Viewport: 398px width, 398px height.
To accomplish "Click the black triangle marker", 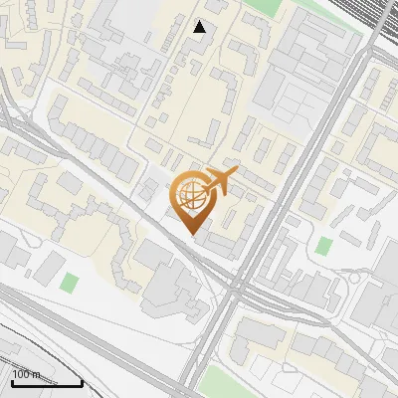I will coord(200,27).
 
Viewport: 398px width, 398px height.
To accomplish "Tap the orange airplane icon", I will coord(220,182).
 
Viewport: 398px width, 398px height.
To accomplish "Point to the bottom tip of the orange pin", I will coord(192,234).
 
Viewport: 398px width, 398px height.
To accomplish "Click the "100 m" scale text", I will coord(27,374).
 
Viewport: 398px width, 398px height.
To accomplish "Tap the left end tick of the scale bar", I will coord(12,379).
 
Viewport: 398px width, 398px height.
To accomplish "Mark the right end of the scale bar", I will coord(82,379).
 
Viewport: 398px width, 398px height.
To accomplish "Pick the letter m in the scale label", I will coord(37,374).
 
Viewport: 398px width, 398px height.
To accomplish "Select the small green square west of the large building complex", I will coord(68,283).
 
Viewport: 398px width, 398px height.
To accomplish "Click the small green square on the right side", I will coord(324,246).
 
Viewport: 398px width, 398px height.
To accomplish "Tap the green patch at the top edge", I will coord(261,6).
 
